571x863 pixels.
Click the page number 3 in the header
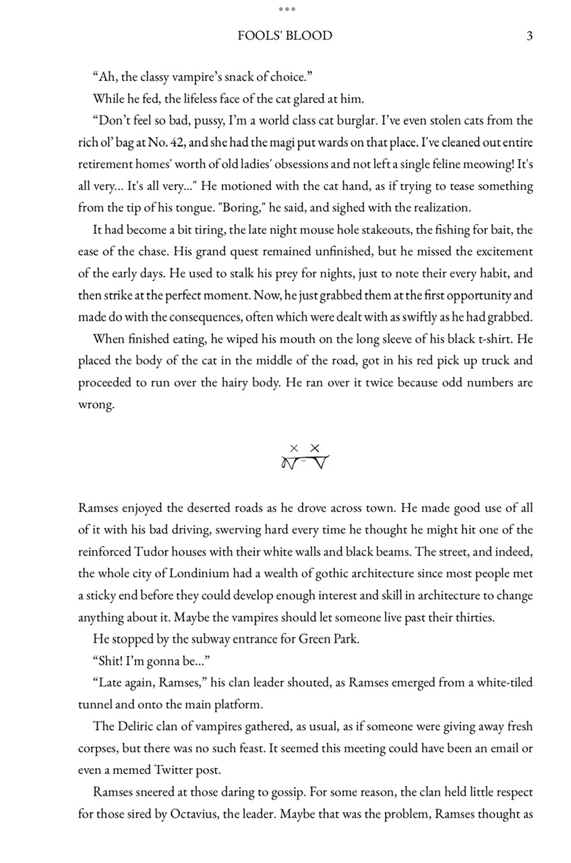pyautogui.click(x=529, y=36)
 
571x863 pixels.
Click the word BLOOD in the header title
pyautogui.click(x=307, y=36)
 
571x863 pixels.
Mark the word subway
pyautogui.click(x=188, y=638)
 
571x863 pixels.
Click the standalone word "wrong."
pyautogui.click(x=96, y=404)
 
